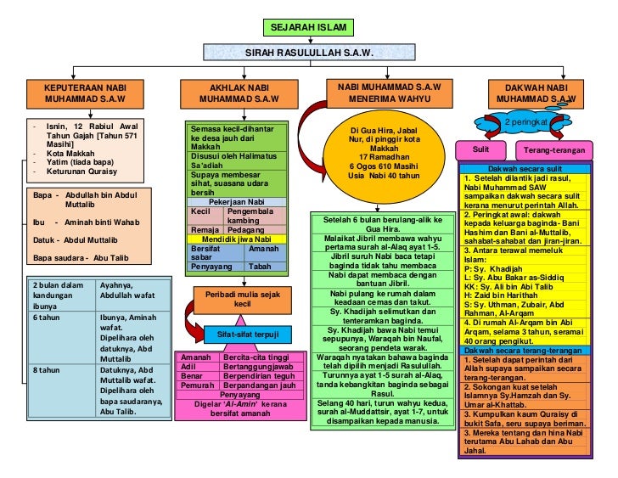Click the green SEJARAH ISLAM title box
307,28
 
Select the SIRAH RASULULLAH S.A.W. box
309,53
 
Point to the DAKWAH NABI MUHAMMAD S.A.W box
536,93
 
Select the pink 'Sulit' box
480,150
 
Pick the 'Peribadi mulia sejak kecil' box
242,299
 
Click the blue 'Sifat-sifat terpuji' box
247,335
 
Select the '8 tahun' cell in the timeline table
59,371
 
